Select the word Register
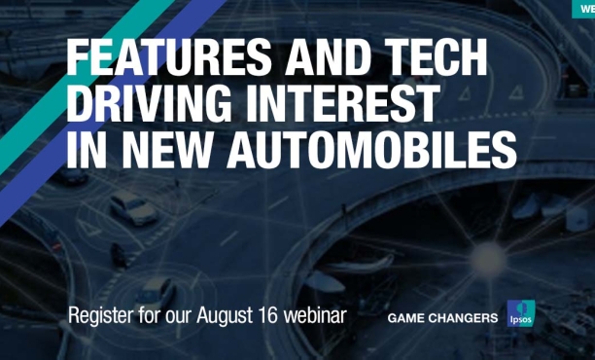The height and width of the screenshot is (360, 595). point(101,317)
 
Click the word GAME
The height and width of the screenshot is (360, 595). point(410,318)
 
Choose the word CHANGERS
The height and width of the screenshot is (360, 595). point(468,318)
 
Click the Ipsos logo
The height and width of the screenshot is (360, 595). point(519,315)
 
